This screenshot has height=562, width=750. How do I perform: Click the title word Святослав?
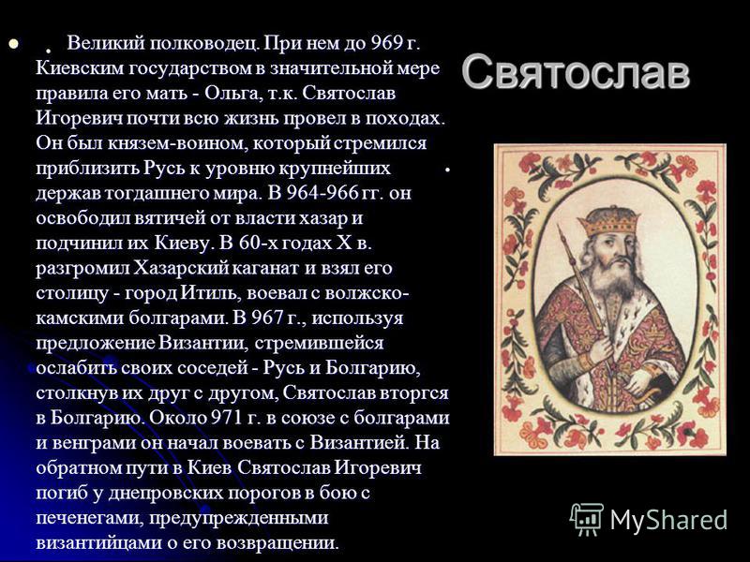point(576,73)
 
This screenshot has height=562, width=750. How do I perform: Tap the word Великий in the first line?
point(106,43)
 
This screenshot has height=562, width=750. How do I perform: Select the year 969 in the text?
point(387,43)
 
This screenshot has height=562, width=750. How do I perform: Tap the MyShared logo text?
point(668,520)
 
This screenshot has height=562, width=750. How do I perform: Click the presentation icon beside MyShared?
point(587,519)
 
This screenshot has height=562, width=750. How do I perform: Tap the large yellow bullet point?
point(13,44)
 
